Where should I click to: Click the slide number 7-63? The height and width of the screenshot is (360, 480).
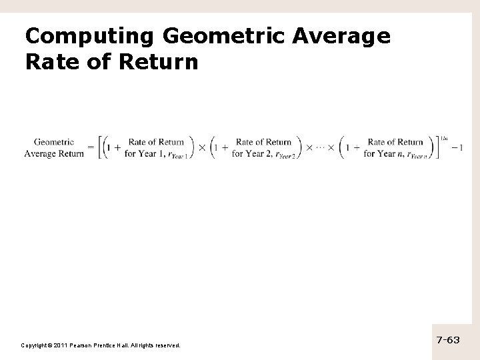448,340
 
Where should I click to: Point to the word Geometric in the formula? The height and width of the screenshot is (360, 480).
54,141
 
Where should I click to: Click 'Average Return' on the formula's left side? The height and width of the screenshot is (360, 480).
54,153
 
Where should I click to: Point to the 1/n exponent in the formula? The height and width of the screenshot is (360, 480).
444,138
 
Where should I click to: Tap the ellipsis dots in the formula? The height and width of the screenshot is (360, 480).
323,147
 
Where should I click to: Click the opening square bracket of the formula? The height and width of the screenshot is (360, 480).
99,147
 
